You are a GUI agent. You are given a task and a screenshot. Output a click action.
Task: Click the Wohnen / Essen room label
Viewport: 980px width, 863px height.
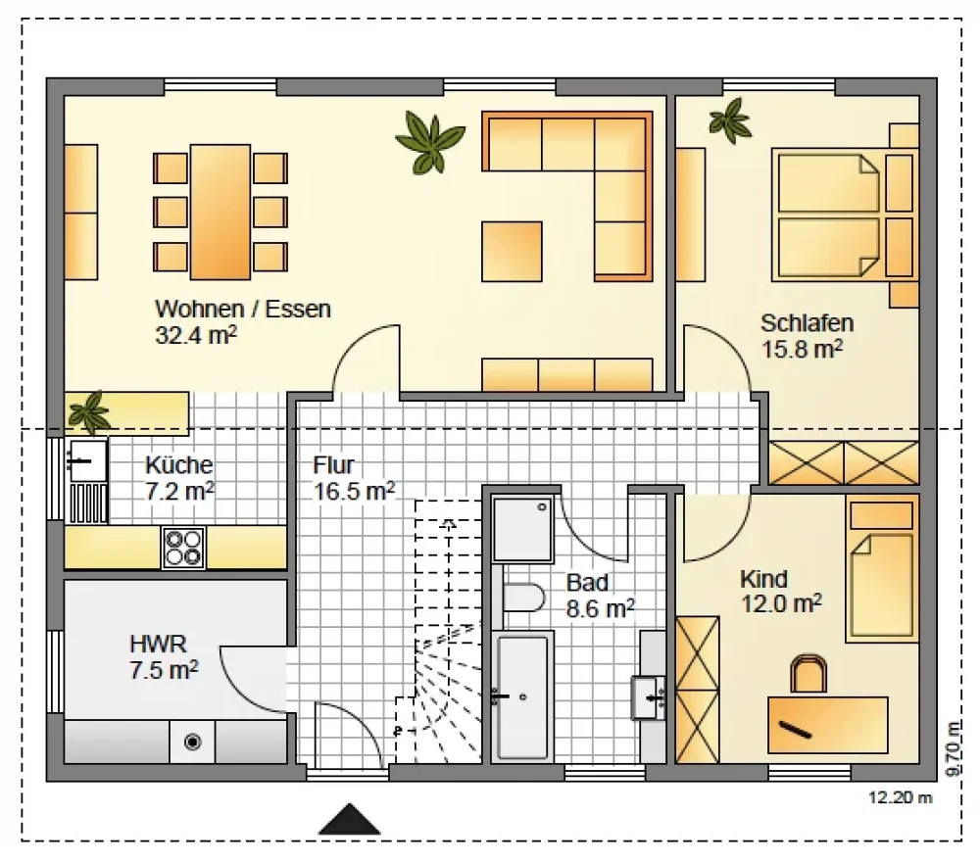pos(242,309)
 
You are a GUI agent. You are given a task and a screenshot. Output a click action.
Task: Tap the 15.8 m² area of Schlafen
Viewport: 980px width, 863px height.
pos(802,349)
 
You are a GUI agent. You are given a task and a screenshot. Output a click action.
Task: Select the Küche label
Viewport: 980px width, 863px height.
pos(179,464)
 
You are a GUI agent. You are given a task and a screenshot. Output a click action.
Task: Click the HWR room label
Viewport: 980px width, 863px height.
pos(158,644)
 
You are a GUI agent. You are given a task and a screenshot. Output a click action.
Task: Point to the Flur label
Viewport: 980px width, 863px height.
pos(334,464)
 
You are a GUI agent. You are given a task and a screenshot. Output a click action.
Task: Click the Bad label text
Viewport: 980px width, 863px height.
pos(587,583)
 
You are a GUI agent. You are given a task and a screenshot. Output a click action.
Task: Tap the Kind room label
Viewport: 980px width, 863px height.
pos(763,579)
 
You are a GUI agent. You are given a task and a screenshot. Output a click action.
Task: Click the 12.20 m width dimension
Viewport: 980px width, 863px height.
pos(900,797)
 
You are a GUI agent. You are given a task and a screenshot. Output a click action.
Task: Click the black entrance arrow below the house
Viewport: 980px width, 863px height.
pos(350,819)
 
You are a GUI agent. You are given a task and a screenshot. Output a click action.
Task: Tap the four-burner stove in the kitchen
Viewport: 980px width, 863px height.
pos(184,548)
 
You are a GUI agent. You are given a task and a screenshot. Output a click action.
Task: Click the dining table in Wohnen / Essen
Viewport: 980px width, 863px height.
pos(220,212)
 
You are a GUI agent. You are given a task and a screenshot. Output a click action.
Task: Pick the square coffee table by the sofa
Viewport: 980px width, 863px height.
pos(512,251)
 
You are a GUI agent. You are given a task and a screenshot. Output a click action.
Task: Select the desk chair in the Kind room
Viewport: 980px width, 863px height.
pos(808,674)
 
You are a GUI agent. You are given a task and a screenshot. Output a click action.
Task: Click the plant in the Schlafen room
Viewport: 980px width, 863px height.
pos(730,120)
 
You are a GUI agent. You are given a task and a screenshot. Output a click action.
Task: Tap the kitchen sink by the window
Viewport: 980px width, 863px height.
pos(87,461)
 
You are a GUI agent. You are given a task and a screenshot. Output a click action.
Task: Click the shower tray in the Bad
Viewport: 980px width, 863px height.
pos(522,529)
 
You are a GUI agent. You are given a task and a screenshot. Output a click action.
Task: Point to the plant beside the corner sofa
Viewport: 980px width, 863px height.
pos(430,142)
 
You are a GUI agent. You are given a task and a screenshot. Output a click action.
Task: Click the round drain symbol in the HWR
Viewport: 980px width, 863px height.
pos(192,742)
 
